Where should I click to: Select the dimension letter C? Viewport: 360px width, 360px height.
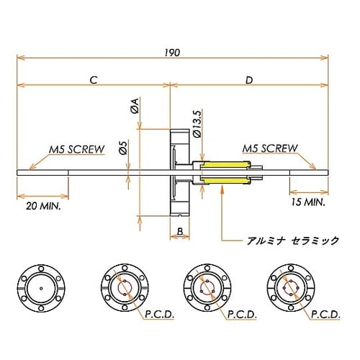94,79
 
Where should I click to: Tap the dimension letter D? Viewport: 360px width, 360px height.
248,79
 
